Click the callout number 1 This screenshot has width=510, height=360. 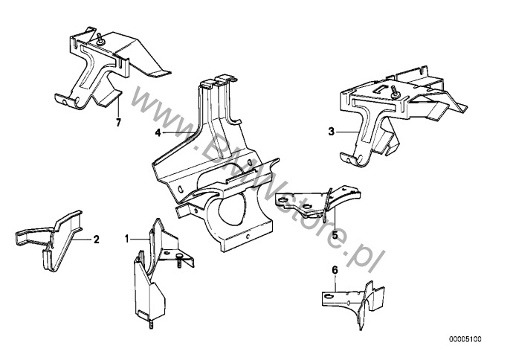tap(128, 239)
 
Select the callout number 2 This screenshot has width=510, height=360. tap(96, 240)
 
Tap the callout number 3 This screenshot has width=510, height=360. tap(330, 132)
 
